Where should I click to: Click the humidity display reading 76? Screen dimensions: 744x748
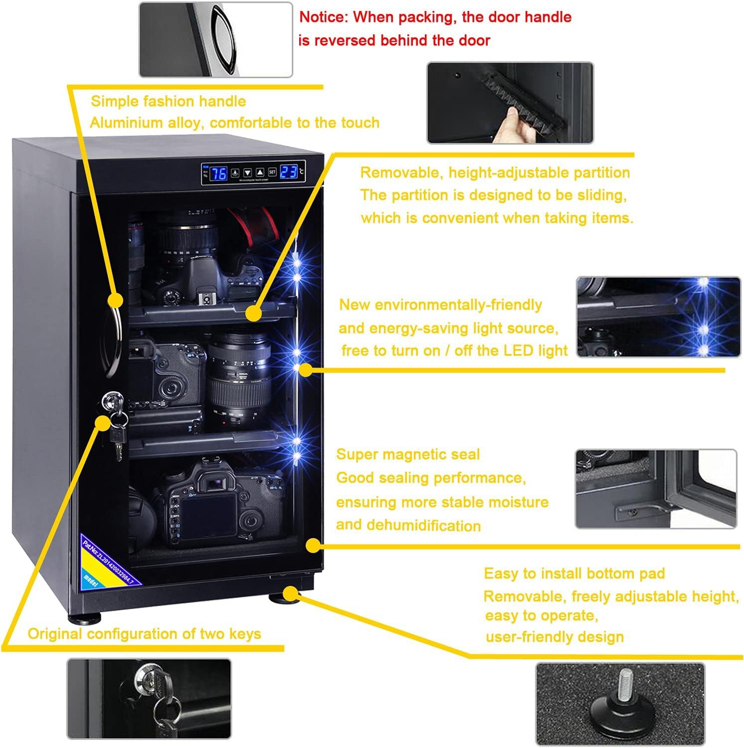pyautogui.click(x=218, y=173)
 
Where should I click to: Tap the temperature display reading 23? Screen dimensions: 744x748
pyautogui.click(x=289, y=172)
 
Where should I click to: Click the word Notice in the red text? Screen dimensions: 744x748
pyautogui.click(x=322, y=17)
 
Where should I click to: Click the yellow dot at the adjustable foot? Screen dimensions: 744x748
pyautogui.click(x=291, y=593)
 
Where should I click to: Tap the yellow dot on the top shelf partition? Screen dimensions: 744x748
pyautogui.click(x=254, y=313)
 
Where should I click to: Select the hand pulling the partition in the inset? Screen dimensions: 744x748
pyautogui.click(x=514, y=125)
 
